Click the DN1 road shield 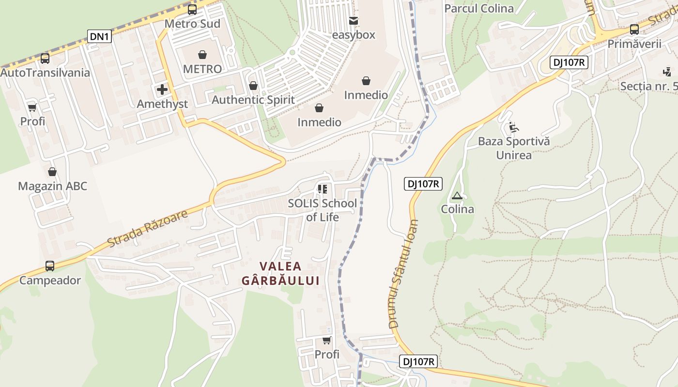[x=100, y=36]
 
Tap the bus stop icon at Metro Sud [x=192, y=10]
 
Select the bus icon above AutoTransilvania [x=45, y=59]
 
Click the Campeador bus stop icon [x=50, y=266]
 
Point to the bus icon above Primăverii [x=634, y=30]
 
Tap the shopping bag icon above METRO [x=202, y=55]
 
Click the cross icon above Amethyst [x=162, y=89]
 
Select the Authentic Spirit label [x=253, y=100]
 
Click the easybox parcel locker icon [x=354, y=21]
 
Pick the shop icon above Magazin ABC [x=52, y=172]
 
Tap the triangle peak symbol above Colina [x=457, y=196]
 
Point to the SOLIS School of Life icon [x=323, y=189]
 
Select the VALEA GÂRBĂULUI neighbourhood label [x=280, y=273]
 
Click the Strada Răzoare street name [x=147, y=228]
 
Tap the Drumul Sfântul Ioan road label [x=403, y=273]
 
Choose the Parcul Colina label [x=478, y=9]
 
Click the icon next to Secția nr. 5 [x=667, y=72]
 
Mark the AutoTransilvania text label [x=45, y=73]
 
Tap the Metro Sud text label [x=192, y=24]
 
